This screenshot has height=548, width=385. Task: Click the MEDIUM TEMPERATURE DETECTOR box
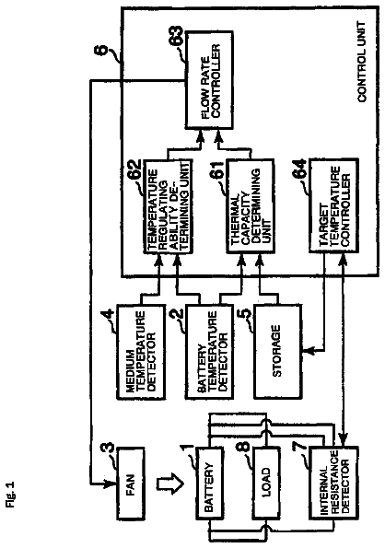(x=141, y=352)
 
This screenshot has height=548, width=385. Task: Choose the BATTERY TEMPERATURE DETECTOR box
(x=209, y=352)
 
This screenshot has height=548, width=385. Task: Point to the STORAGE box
(x=277, y=352)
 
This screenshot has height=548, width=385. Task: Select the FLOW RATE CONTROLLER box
(x=209, y=80)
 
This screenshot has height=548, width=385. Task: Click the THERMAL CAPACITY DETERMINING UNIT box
(x=251, y=206)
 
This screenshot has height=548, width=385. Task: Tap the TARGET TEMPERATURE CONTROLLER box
(x=334, y=206)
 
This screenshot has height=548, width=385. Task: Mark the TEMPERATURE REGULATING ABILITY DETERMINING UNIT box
(x=169, y=206)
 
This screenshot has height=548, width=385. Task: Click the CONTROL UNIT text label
(x=361, y=62)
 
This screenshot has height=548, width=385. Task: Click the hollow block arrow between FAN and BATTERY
(x=169, y=484)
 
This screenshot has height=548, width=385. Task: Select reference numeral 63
(x=177, y=36)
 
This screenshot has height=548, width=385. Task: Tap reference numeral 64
(x=300, y=169)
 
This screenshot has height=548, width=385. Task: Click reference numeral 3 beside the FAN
(x=109, y=449)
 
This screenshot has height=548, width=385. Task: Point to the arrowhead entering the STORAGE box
(x=307, y=350)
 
